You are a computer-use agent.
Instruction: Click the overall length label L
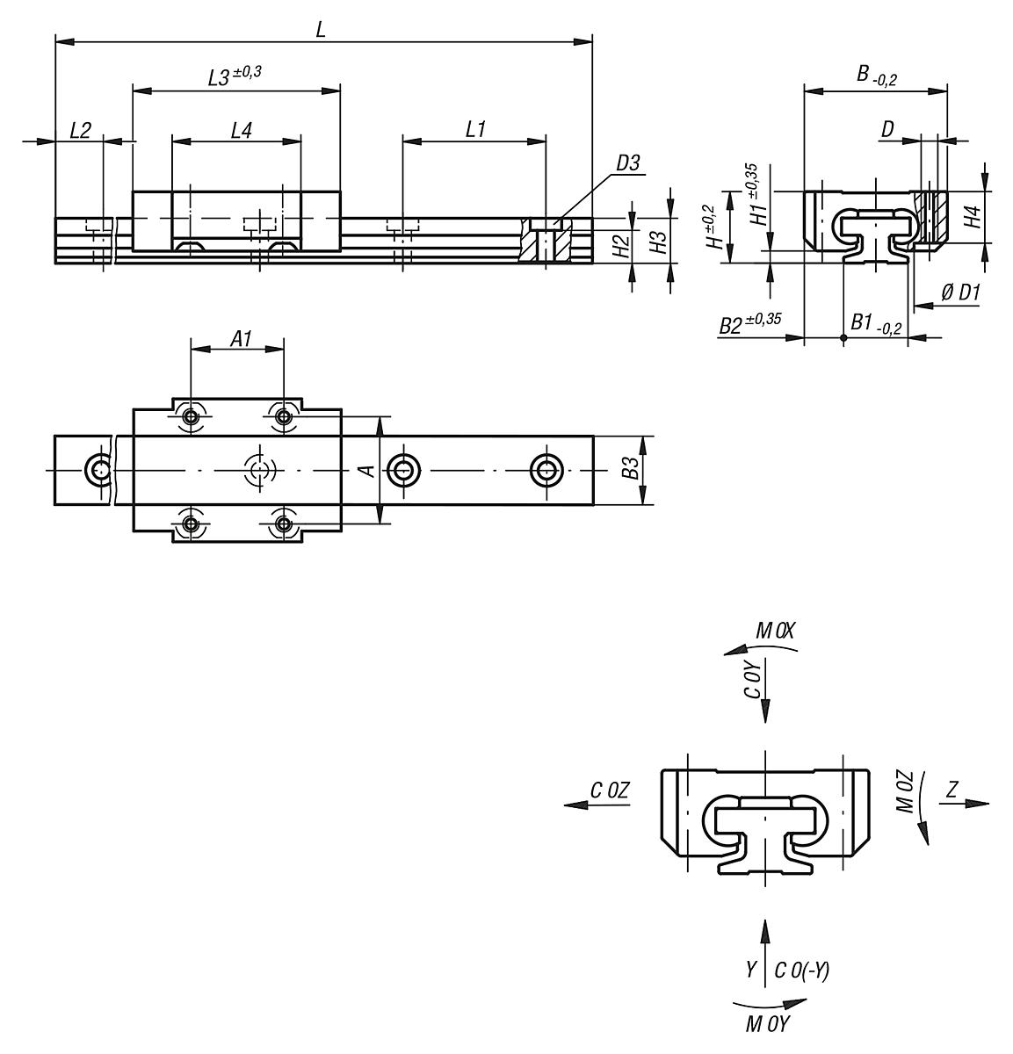[321, 29]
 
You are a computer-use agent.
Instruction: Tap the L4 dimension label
[241, 131]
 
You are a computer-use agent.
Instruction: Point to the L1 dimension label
[475, 130]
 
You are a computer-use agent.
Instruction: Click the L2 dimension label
[79, 131]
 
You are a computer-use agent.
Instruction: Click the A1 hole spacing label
[242, 338]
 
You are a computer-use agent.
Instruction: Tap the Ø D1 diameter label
[959, 294]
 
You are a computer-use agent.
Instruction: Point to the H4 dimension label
[970, 217]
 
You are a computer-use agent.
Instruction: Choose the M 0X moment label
[775, 630]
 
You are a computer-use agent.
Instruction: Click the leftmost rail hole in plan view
[98, 470]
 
